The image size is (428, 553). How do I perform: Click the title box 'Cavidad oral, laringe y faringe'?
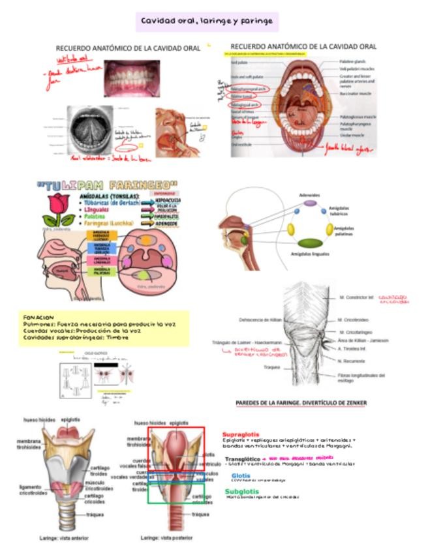207,22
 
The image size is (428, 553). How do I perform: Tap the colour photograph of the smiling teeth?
132,77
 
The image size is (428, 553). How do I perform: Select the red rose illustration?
59,208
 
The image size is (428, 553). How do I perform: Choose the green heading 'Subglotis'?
241,491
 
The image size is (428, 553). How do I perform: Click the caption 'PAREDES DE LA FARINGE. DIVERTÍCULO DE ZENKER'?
301,403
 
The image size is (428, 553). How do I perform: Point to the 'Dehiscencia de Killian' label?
260,320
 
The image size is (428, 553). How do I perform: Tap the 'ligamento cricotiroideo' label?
31,490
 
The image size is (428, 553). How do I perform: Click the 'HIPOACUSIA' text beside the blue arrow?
168,200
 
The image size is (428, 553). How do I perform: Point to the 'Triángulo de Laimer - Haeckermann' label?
247,342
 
